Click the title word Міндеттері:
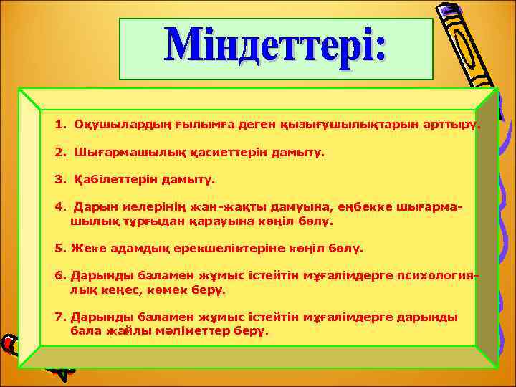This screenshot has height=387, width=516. pyautogui.click(x=276, y=49)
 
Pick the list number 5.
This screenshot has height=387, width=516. pyautogui.click(x=59, y=249)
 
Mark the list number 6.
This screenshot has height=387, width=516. pyautogui.click(x=59, y=277)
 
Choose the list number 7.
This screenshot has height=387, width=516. pyautogui.click(x=59, y=317)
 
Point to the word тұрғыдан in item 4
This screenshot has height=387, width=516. pyautogui.click(x=138, y=221)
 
